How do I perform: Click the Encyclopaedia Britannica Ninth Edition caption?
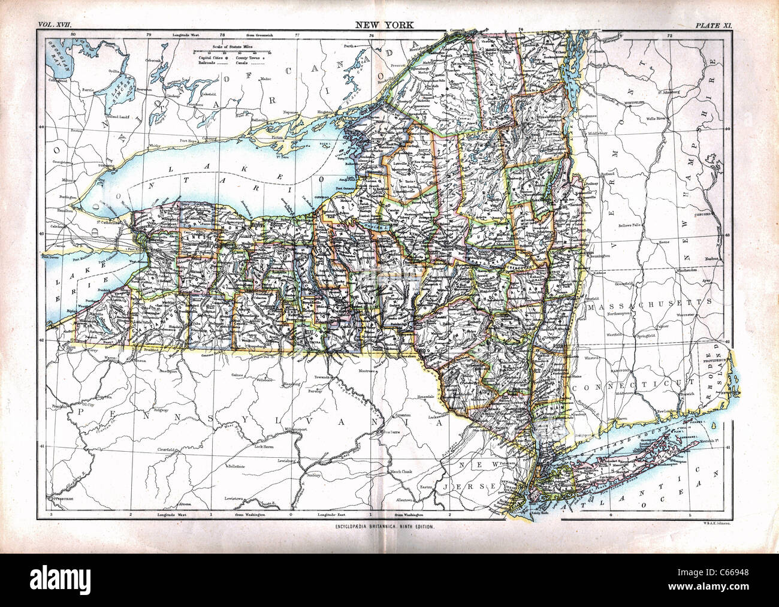[384, 526]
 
